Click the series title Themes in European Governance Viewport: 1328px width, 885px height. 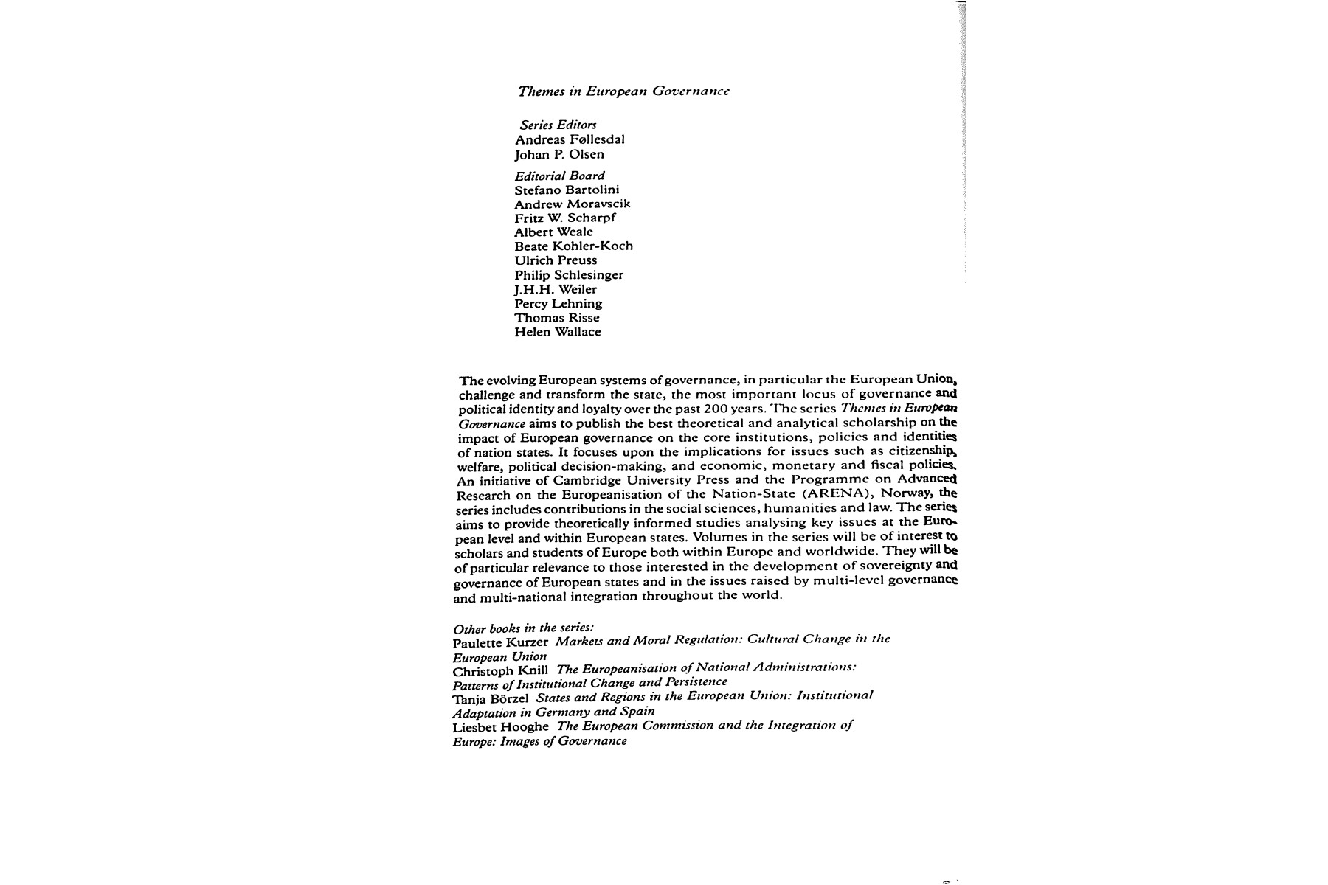[623, 91]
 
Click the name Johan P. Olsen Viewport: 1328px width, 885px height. [559, 154]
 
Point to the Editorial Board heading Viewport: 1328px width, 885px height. [559, 176]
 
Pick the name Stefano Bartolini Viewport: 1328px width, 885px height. [567, 190]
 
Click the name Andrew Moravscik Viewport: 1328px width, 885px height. [573, 204]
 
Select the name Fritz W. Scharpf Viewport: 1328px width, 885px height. [564, 218]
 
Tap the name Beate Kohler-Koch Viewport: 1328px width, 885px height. [573, 246]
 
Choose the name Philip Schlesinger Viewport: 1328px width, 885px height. [569, 274]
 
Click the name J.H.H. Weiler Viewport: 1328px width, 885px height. [556, 289]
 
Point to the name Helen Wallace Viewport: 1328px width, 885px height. [558, 332]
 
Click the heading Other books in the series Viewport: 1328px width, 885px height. [523, 628]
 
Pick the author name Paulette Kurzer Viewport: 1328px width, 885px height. [500, 642]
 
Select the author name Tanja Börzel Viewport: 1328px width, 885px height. [491, 698]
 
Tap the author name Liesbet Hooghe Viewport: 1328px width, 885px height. [500, 726]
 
